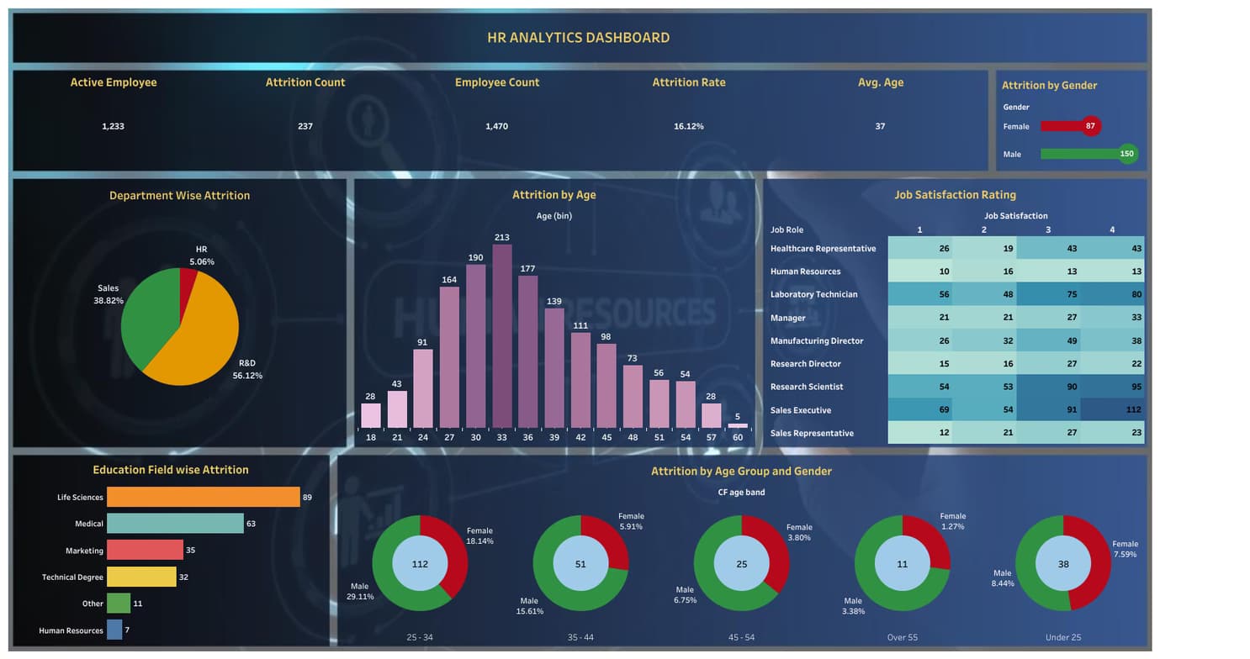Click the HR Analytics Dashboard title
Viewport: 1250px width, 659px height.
coord(579,38)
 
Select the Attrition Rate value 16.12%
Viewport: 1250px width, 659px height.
coord(688,126)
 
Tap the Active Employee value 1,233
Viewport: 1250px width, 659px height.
coord(113,126)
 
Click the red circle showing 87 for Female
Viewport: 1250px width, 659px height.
coord(1090,126)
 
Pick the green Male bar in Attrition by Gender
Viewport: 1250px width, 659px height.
coord(1080,154)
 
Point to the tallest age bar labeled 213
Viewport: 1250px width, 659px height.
coord(502,336)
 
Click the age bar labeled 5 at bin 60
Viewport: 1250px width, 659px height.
coord(738,425)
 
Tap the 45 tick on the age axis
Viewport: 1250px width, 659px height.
coord(606,438)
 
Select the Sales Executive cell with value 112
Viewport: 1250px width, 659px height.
coord(1112,410)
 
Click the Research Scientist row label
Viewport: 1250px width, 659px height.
coord(807,387)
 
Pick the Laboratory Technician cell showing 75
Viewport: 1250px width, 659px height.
coord(1048,294)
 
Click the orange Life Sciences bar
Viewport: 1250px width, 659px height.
coord(203,497)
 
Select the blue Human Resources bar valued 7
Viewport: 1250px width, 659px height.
coord(114,630)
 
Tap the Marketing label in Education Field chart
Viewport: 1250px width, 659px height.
coord(84,551)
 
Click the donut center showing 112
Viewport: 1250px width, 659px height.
coord(420,564)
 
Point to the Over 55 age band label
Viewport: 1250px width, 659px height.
coord(902,637)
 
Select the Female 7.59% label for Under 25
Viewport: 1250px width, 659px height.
coord(1125,549)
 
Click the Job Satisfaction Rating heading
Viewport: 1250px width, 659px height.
coord(955,195)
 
